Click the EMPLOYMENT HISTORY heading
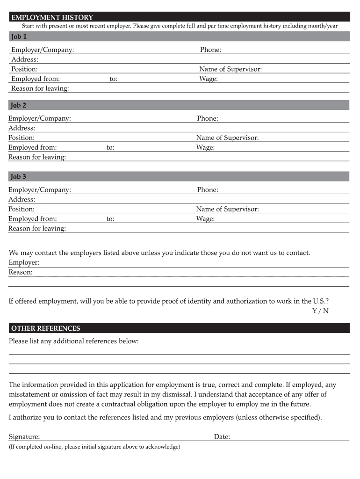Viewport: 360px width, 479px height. point(52,18)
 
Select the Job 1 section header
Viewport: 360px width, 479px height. point(19,36)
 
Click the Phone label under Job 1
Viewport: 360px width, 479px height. point(210,50)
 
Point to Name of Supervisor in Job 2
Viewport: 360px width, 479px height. point(227,138)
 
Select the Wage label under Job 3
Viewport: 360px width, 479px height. point(205,219)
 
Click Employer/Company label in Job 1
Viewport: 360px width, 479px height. point(43,50)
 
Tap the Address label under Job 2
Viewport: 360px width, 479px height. point(22,128)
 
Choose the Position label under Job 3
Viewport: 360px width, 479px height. point(22,210)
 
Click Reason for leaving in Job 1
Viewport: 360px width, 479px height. point(40,89)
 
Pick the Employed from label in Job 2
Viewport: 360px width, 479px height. point(33,148)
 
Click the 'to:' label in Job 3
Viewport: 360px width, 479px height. point(110,219)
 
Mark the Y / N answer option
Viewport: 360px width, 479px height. point(320,311)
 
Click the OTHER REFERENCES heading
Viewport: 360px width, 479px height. point(45,328)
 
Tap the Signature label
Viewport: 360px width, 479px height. point(24,437)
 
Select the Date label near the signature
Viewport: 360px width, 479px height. point(222,437)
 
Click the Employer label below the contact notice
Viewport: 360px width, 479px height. point(24,263)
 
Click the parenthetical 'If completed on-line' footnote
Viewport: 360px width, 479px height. point(94,447)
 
